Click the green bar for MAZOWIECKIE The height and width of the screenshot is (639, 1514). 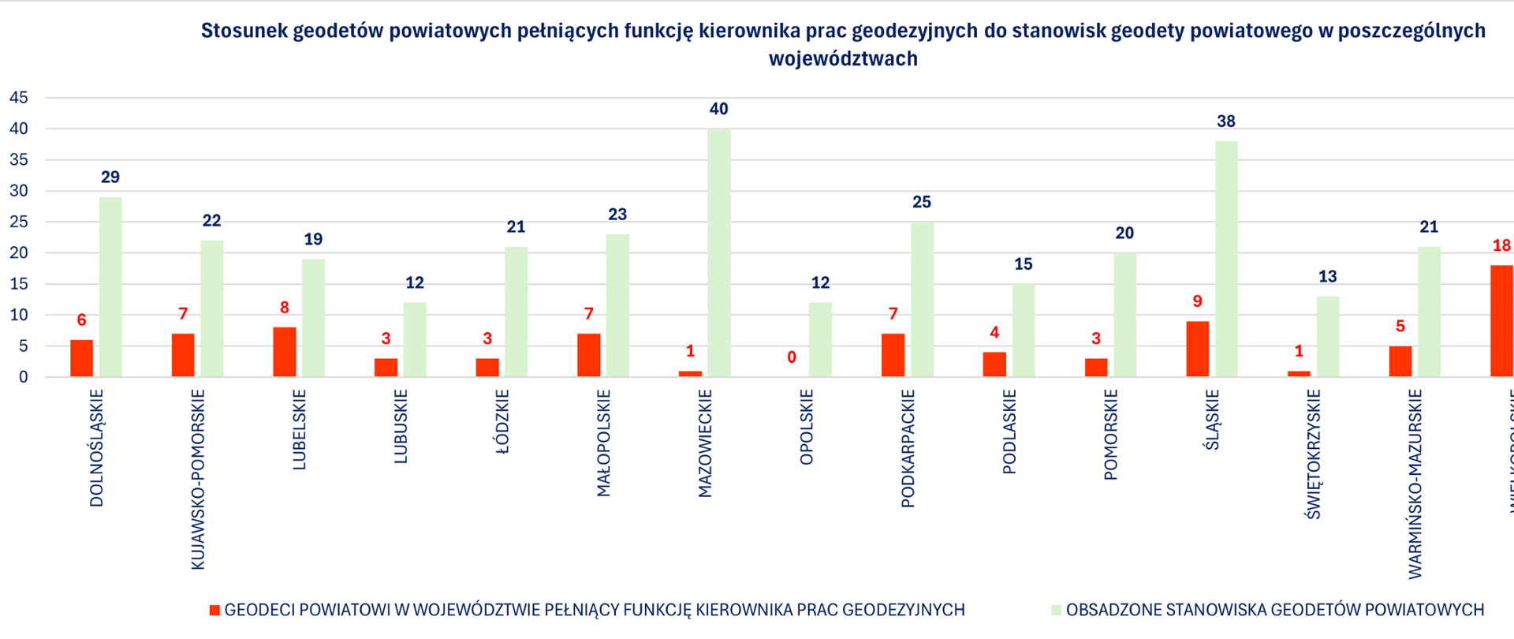pyautogui.click(x=718, y=252)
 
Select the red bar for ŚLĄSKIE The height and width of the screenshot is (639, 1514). pyautogui.click(x=1197, y=349)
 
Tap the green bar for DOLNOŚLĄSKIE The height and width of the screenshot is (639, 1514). pyautogui.click(x=110, y=287)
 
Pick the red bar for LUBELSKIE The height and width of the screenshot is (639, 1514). pyautogui.click(x=285, y=352)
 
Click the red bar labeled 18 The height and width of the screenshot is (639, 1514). pyautogui.click(x=1501, y=321)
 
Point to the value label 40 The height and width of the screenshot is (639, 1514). pyautogui.click(x=718, y=109)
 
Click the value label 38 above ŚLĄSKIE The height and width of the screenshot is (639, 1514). pyautogui.click(x=1225, y=121)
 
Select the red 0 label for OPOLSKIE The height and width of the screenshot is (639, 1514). pyautogui.click(x=792, y=357)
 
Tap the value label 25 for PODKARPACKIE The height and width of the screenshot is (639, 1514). pyautogui.click(x=921, y=202)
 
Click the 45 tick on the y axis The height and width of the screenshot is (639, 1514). pyautogui.click(x=18, y=98)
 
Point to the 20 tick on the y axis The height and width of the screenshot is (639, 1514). pyautogui.click(x=18, y=253)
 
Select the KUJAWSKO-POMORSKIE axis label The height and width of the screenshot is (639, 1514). pyautogui.click(x=198, y=479)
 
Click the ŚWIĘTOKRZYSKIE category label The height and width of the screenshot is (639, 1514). pyautogui.click(x=1313, y=454)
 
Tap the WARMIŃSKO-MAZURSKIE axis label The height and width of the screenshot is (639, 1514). pyautogui.click(x=1415, y=484)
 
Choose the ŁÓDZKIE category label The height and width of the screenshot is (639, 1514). pyautogui.click(x=502, y=422)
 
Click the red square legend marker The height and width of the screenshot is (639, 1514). pyautogui.click(x=214, y=611)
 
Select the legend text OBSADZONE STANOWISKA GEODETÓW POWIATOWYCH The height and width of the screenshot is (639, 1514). pyautogui.click(x=1274, y=610)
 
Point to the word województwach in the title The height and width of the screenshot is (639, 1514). pyautogui.click(x=843, y=59)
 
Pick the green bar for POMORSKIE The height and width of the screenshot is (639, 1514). pyautogui.click(x=1124, y=315)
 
